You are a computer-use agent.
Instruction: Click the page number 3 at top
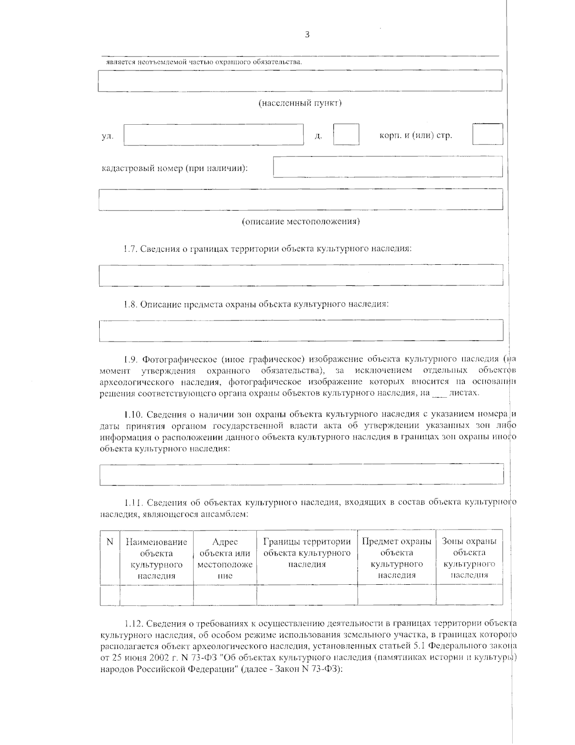(307, 35)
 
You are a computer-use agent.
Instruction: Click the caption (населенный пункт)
(300, 103)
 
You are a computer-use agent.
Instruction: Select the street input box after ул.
(214, 135)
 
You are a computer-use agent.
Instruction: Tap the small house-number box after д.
(346, 134)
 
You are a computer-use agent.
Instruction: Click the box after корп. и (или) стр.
(487, 134)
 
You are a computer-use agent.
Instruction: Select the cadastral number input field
(388, 166)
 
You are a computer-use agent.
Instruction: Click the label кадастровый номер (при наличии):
(174, 168)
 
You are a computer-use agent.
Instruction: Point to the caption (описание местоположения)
(300, 222)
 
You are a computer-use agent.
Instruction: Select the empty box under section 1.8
(300, 331)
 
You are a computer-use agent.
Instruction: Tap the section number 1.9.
(130, 359)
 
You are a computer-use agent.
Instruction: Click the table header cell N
(110, 542)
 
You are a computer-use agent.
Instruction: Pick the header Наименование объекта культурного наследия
(156, 559)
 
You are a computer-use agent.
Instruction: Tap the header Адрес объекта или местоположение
(225, 559)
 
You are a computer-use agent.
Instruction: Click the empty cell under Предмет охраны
(396, 595)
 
